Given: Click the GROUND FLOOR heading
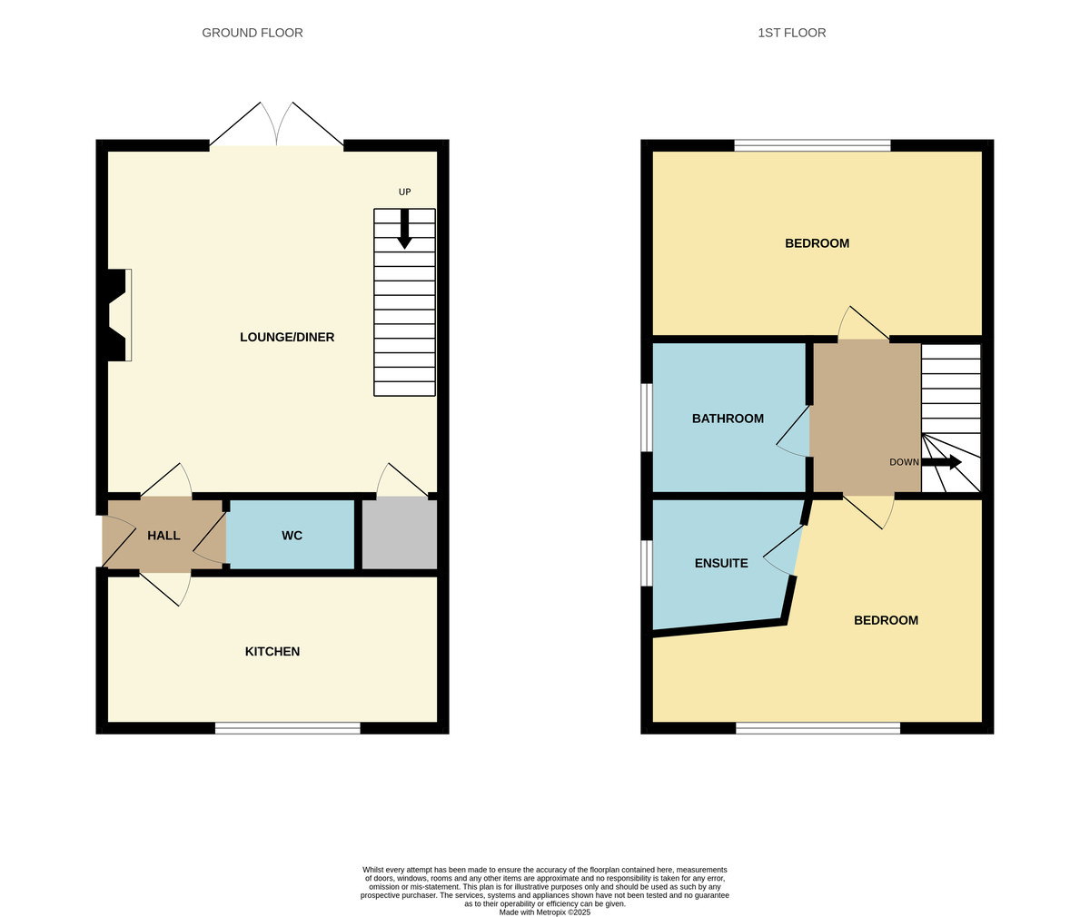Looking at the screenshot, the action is pyautogui.click(x=253, y=33).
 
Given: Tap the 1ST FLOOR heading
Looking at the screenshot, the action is pyautogui.click(x=791, y=33).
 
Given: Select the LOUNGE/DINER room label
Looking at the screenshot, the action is pyautogui.click(x=287, y=337).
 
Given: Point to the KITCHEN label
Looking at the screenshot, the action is pyautogui.click(x=272, y=651).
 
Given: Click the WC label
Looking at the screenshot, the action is pyautogui.click(x=292, y=536).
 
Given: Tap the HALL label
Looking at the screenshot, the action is pyautogui.click(x=163, y=536).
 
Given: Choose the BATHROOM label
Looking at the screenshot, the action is pyautogui.click(x=728, y=419).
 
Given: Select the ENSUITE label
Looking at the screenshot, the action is pyautogui.click(x=721, y=563).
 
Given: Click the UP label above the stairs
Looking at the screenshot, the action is pyautogui.click(x=404, y=192).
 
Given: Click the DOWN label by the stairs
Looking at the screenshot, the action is pyautogui.click(x=904, y=462).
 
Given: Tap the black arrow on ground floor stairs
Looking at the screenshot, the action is pyautogui.click(x=404, y=229).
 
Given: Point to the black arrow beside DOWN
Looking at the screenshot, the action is pyautogui.click(x=941, y=462).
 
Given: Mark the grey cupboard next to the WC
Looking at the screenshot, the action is pyautogui.click(x=400, y=533).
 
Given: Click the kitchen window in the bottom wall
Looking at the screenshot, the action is pyautogui.click(x=288, y=728).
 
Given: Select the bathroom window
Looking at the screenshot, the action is pyautogui.click(x=647, y=418).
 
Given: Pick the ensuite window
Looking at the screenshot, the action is pyautogui.click(x=647, y=563).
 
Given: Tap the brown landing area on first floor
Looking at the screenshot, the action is pyautogui.click(x=867, y=418).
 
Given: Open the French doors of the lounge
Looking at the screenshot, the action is pyautogui.click(x=277, y=124).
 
